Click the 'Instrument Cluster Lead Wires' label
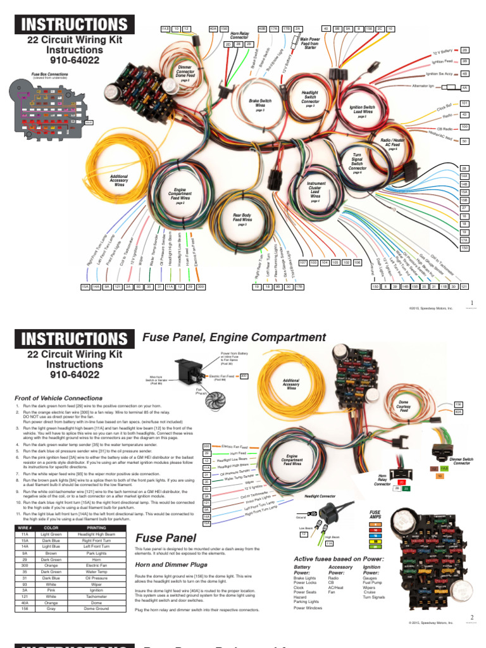coord(316,190)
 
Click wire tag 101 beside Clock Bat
coord(464,103)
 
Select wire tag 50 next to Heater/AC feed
coord(464,140)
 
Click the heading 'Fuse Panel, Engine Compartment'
coord(235,337)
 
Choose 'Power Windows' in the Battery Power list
coord(308,608)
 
